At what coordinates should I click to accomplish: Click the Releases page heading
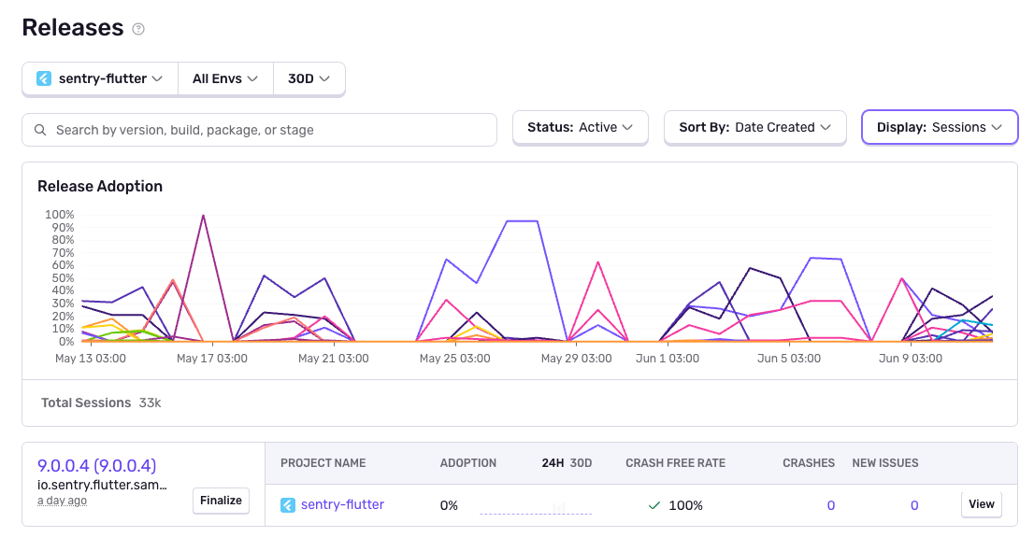73,28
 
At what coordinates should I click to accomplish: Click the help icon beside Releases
138,29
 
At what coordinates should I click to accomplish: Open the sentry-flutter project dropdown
100,79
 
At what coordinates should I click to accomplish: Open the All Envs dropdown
224,79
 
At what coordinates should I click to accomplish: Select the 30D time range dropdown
309,79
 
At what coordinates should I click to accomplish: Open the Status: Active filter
580,128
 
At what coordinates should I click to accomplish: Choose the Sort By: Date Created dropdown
754,128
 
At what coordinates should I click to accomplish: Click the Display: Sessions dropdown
939,128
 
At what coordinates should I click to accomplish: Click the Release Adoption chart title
100,187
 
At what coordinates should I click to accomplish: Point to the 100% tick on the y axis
59,215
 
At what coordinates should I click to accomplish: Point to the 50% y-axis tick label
62,278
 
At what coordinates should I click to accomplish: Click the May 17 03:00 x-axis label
212,359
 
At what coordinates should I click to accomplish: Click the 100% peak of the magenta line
203,216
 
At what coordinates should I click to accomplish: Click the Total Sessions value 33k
151,403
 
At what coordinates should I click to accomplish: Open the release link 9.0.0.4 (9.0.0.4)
96,465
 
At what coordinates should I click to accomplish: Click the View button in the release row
981,504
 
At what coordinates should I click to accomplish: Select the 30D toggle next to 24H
581,463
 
